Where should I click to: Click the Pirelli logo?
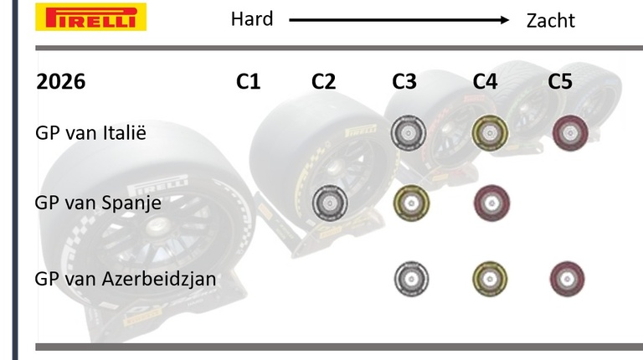[x=90, y=17]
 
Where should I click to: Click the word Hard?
[x=252, y=19]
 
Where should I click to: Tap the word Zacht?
[x=550, y=20]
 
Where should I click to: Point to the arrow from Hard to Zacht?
[x=399, y=20]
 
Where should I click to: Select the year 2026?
[x=60, y=81]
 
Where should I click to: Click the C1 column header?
[x=248, y=81]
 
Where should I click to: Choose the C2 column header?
[x=323, y=81]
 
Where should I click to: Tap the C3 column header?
[x=404, y=81]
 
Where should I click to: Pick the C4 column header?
[x=485, y=81]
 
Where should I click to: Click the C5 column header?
[x=560, y=81]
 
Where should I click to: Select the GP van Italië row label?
[x=90, y=133]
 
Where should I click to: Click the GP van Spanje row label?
[x=98, y=203]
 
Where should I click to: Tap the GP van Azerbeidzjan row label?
[x=126, y=279]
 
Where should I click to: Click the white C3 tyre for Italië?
[x=408, y=133]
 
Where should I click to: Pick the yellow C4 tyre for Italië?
[x=490, y=133]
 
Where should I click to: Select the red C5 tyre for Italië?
[x=570, y=133]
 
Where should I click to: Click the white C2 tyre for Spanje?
[x=330, y=203]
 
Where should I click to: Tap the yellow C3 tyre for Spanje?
[x=411, y=203]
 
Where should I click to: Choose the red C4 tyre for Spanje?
[x=491, y=203]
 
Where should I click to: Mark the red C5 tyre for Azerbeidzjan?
[x=567, y=279]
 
